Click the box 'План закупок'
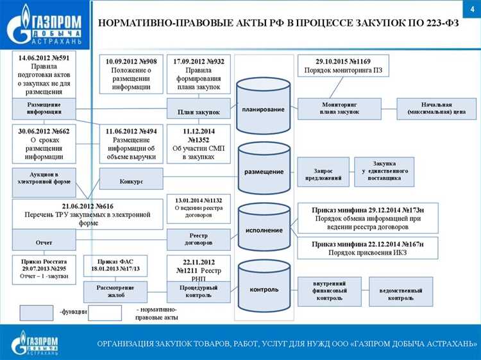[x=198, y=112]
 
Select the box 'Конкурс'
[x=131, y=182]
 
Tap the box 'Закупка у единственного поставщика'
[x=384, y=171]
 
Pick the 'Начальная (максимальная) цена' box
[x=437, y=108]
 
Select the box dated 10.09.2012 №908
[x=131, y=73]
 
